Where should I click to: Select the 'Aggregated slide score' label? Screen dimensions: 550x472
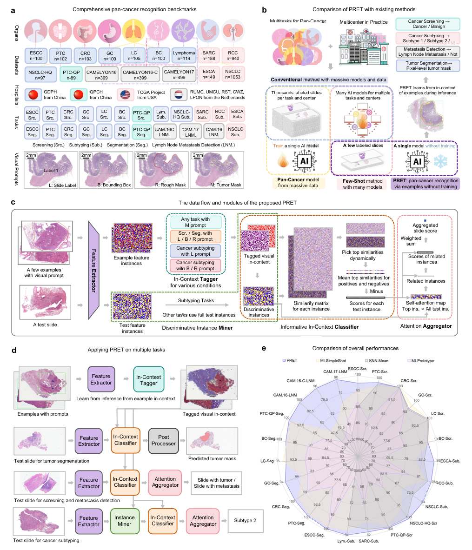coord(425,228)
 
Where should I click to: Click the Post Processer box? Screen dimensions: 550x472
coord(164,440)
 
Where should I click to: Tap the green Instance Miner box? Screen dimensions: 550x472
coord(125,521)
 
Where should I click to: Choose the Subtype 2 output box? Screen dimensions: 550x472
coord(245,521)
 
